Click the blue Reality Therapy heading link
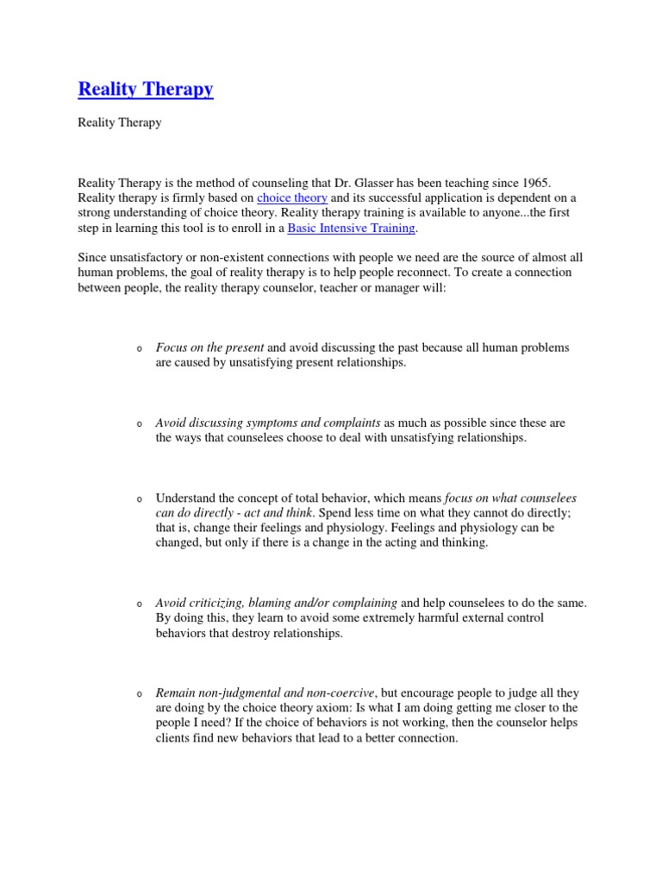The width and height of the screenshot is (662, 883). (x=146, y=89)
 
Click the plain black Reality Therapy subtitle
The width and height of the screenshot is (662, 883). (x=120, y=122)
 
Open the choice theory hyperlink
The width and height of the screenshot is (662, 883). (x=292, y=197)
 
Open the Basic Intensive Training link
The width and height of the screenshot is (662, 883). (x=351, y=228)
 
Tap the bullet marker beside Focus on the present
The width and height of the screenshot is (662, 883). (x=139, y=348)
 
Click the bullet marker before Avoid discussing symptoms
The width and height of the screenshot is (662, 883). (x=139, y=425)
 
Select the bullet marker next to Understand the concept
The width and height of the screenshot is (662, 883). (x=139, y=500)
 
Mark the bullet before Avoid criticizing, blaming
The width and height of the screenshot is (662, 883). (x=139, y=604)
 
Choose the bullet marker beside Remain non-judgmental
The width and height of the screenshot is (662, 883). (x=139, y=694)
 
